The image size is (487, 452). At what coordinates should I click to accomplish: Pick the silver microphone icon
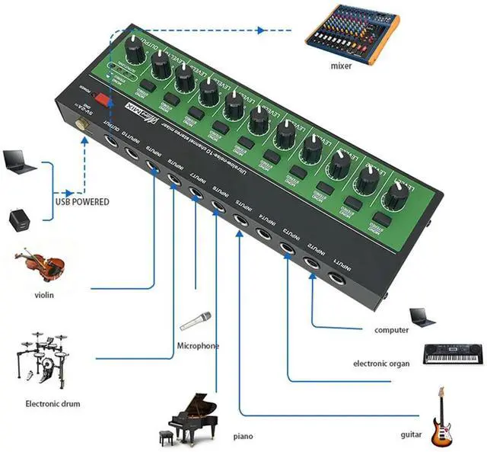pyautogui.click(x=196, y=321)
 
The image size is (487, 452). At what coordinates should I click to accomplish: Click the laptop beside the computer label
pyautogui.click(x=423, y=316)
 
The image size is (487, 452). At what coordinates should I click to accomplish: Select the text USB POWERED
pyautogui.click(x=81, y=202)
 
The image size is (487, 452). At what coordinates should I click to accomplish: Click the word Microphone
pyautogui.click(x=198, y=346)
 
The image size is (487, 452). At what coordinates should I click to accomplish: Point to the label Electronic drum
pyautogui.click(x=53, y=404)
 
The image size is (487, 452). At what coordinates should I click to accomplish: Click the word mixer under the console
pyautogui.click(x=342, y=66)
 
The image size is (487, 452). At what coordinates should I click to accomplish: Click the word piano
pyautogui.click(x=243, y=436)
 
